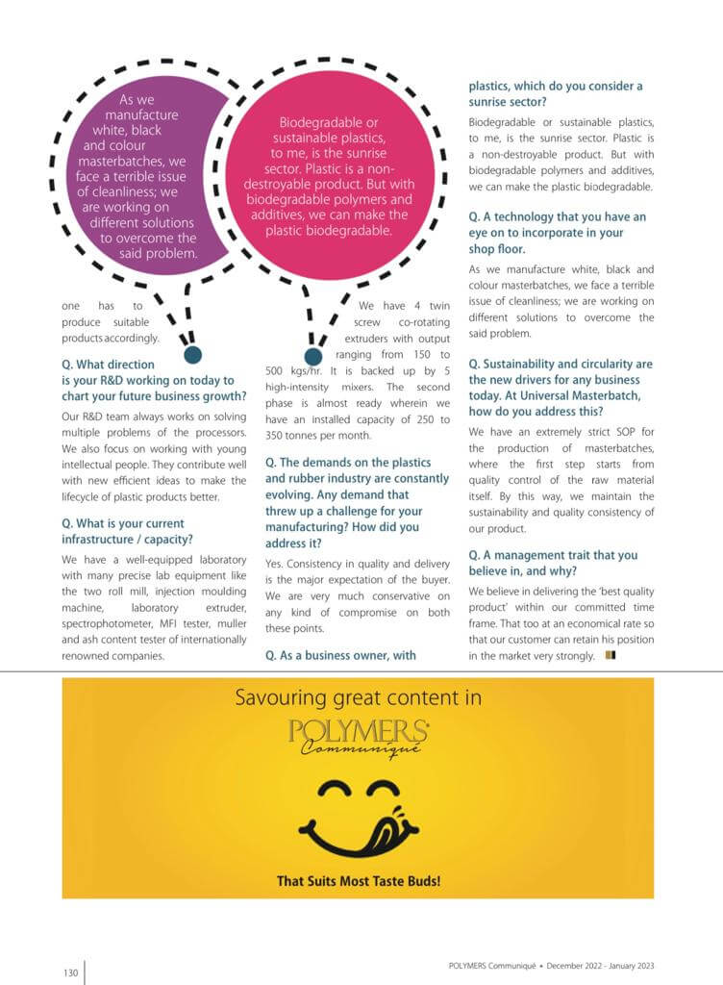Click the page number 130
[70, 972]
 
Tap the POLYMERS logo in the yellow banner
[359, 732]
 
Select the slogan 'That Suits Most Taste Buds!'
[358, 880]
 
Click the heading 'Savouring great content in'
[358, 697]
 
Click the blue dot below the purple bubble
[192, 355]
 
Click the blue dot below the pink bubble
[312, 356]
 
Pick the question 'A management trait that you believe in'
[553, 563]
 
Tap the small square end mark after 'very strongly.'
[611, 656]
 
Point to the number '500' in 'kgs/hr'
[279, 370]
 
